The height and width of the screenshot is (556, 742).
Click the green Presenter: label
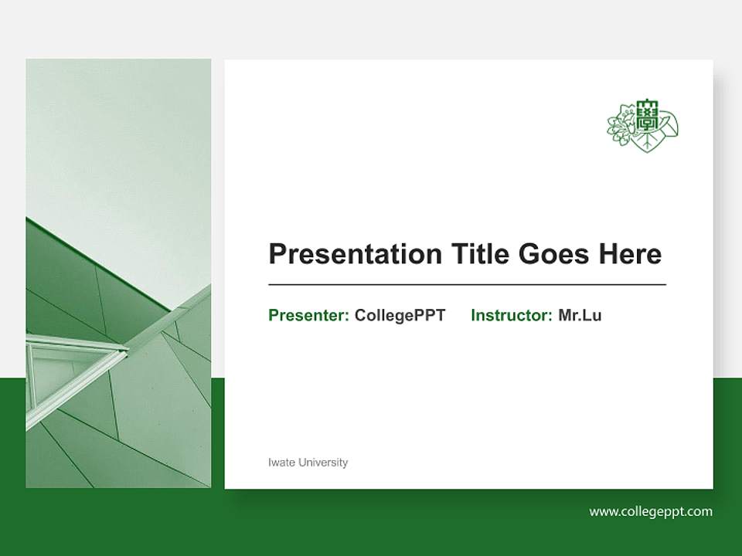(x=308, y=315)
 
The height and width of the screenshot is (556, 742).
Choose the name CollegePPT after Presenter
(x=400, y=315)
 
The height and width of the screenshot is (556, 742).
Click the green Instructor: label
(x=511, y=315)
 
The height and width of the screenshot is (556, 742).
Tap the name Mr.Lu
(x=580, y=315)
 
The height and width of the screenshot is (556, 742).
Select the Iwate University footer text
(x=308, y=463)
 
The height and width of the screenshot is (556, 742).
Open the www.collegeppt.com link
(x=651, y=511)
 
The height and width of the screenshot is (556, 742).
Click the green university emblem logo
(x=642, y=125)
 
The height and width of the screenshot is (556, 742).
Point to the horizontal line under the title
(x=467, y=285)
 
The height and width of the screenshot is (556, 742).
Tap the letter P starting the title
(x=277, y=254)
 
